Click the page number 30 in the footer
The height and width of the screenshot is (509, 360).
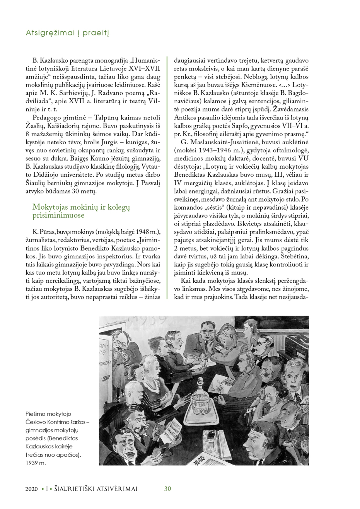pos(167,489)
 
